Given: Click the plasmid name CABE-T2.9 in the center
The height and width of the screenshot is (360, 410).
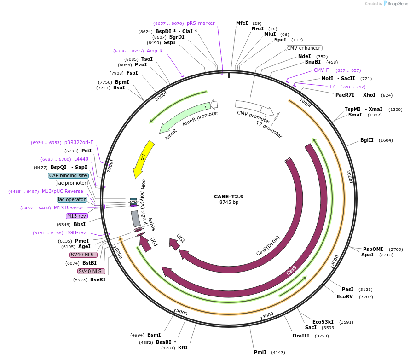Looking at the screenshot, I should point(229,196).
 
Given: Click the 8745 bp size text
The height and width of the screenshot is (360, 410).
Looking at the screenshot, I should point(229,202).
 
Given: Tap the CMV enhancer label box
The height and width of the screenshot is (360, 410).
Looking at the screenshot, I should point(304,48).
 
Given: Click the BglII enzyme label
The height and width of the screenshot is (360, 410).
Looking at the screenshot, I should point(367,140).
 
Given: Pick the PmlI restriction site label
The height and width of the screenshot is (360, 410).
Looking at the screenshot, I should point(260,352).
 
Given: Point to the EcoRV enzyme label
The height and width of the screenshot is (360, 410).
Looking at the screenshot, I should point(345,297).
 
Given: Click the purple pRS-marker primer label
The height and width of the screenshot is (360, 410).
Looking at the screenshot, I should point(201,23).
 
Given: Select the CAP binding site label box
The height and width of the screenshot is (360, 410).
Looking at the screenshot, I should point(68,175).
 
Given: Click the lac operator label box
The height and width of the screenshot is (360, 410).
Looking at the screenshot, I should point(72,199).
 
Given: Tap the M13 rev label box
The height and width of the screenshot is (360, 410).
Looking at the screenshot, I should point(76,216).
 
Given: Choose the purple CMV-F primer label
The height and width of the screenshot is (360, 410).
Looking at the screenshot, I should point(321,70).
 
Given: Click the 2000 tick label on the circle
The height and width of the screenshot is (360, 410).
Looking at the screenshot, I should point(349,175).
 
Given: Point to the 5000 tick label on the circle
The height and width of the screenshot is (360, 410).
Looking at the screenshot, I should point(182,313).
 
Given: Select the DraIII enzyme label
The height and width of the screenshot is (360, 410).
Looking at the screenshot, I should point(301,336).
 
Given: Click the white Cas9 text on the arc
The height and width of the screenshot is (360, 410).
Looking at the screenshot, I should point(291,270).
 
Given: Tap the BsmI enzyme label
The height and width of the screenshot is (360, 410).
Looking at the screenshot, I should point(154,335).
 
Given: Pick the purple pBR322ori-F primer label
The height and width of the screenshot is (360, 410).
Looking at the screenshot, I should point(79,143).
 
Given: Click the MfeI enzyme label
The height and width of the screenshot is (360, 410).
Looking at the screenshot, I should point(242,23).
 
